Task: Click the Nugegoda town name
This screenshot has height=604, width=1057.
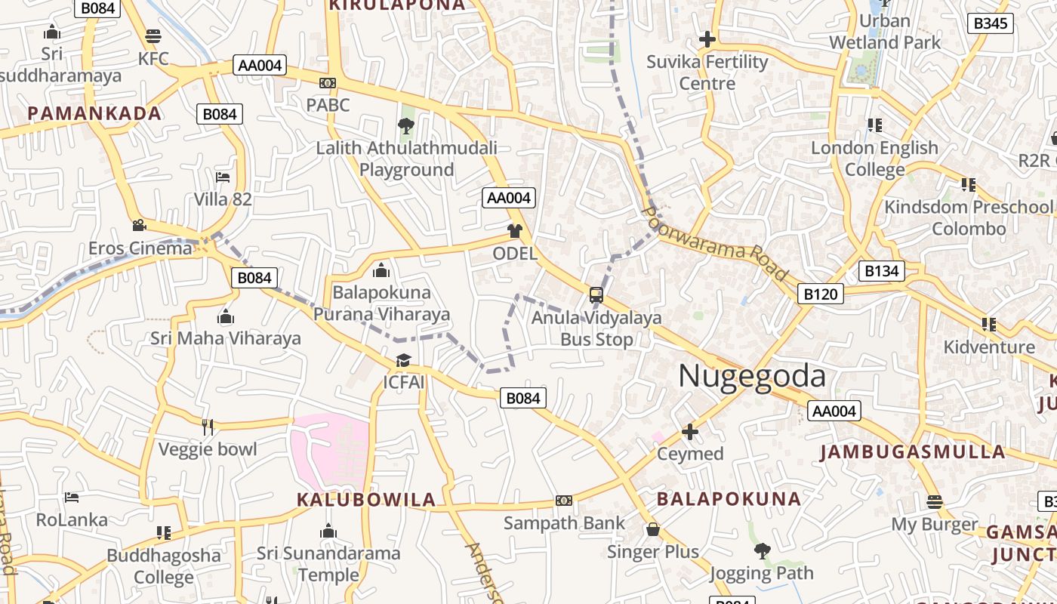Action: [x=751, y=376]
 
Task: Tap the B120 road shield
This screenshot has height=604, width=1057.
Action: [x=820, y=294]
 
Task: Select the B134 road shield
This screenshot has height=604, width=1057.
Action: [x=882, y=271]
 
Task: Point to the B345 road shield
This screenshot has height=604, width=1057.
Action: [x=990, y=23]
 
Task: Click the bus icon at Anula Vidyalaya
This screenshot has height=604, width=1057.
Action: [x=596, y=294]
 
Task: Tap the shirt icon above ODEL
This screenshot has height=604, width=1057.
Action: [x=515, y=231]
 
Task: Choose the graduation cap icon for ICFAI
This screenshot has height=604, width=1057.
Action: [x=403, y=360]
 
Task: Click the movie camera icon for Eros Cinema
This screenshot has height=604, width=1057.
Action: [x=139, y=225]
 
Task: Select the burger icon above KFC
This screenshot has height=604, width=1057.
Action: [x=153, y=35]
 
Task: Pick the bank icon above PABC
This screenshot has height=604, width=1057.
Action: [x=328, y=83]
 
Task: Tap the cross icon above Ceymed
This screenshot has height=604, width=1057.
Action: [x=690, y=432]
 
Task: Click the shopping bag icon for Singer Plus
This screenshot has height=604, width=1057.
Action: [x=653, y=529]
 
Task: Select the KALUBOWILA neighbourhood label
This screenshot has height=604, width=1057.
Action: [x=366, y=500]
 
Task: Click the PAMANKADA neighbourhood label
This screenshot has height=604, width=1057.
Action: [x=94, y=114]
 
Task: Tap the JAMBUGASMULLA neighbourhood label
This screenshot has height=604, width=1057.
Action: [x=912, y=452]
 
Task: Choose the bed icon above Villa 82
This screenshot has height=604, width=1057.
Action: [x=223, y=177]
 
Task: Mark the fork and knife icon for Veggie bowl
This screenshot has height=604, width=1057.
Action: [x=208, y=427]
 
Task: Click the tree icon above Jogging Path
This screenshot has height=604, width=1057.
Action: [x=762, y=551]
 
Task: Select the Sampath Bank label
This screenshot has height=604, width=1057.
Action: [x=564, y=522]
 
